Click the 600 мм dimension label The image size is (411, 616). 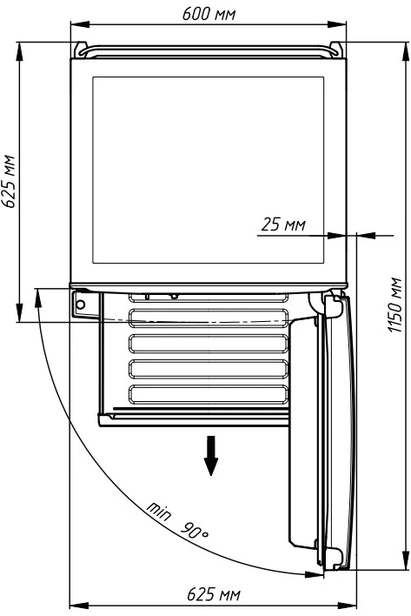[x=209, y=14]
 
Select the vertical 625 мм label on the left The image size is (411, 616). [x=8, y=181]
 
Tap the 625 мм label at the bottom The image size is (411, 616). [x=214, y=594]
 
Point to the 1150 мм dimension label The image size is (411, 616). [x=394, y=305]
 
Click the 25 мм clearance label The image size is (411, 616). [x=283, y=224]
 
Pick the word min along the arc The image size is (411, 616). [x=159, y=511]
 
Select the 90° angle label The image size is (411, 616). [x=195, y=531]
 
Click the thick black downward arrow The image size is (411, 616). [x=211, y=455]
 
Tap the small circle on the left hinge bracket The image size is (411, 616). [x=81, y=304]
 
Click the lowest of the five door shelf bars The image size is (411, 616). [x=209, y=395]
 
